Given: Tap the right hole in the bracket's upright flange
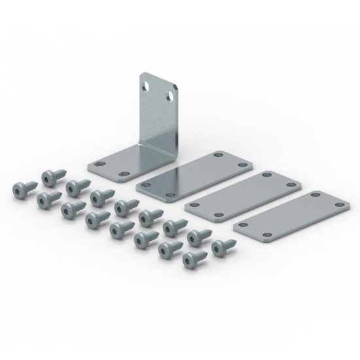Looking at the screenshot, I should (x=171, y=96).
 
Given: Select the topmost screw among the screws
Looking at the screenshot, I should (x=50, y=177).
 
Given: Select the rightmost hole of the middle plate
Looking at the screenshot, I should (x=291, y=186).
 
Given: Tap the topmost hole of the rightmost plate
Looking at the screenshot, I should (x=318, y=194).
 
